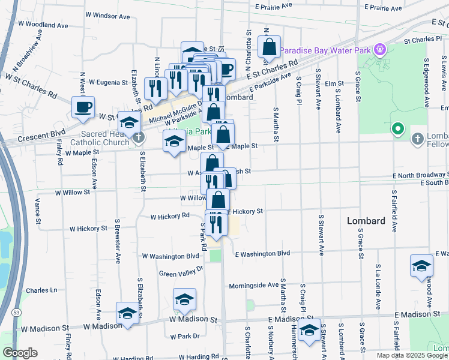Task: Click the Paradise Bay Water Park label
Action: (x=327, y=50)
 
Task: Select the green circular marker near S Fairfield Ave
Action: (x=397, y=128)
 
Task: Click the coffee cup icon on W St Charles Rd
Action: (x=83, y=107)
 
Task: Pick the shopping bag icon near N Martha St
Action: (x=270, y=47)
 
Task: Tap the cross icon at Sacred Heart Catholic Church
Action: (x=139, y=137)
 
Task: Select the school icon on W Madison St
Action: (x=127, y=313)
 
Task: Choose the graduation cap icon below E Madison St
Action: (x=309, y=330)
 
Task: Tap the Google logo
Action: (x=20, y=352)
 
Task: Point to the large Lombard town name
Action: (x=366, y=221)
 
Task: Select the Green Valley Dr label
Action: (x=181, y=272)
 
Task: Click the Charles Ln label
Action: (x=41, y=290)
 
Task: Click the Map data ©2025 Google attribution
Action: (x=412, y=355)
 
